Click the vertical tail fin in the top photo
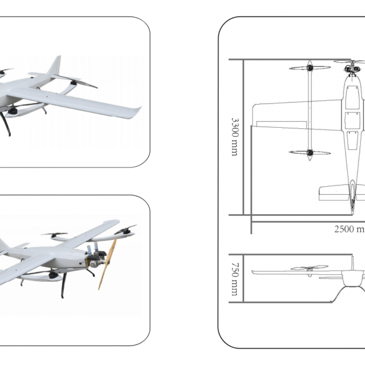55,66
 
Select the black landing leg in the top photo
5,125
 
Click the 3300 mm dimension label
235,137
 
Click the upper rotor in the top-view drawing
309,68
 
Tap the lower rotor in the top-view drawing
309,152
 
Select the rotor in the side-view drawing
310,267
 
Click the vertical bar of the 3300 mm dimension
245,137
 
